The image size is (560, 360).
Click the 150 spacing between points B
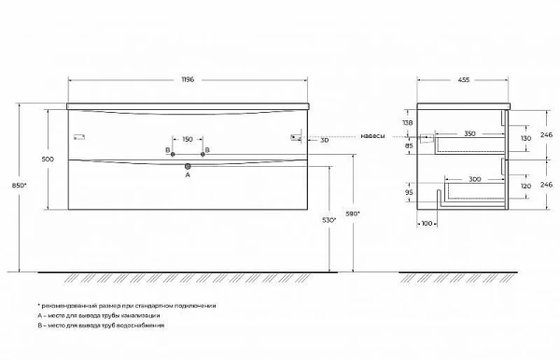coord(188,139)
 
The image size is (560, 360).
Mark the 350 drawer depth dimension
coord(469,134)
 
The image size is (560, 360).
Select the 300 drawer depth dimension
coord(475,177)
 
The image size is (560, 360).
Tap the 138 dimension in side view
coord(407,122)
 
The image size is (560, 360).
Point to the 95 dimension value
coord(407,193)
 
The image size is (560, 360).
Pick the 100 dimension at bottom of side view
coord(427,225)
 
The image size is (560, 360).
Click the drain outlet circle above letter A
coord(188,166)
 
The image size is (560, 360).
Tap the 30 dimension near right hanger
coord(323,140)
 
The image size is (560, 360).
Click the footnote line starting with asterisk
coord(127,305)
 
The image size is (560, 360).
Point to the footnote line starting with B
coord(102,325)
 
